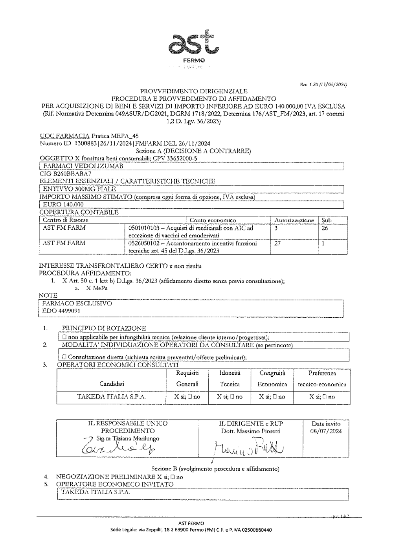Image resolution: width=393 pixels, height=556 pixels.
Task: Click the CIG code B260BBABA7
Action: click(x=65, y=173)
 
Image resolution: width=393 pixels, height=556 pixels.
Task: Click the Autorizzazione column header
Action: click(x=294, y=221)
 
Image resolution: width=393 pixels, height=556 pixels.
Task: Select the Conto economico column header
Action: click(x=213, y=221)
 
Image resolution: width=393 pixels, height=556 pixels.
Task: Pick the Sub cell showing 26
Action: click(x=325, y=228)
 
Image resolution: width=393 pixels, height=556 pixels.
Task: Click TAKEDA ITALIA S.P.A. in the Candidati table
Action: click(x=112, y=397)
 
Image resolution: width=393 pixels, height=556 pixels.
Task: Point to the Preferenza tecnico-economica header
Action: click(x=322, y=378)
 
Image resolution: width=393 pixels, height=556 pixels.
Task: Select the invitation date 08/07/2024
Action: click(x=326, y=431)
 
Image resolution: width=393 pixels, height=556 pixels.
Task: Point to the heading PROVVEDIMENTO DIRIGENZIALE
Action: click(x=194, y=91)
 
